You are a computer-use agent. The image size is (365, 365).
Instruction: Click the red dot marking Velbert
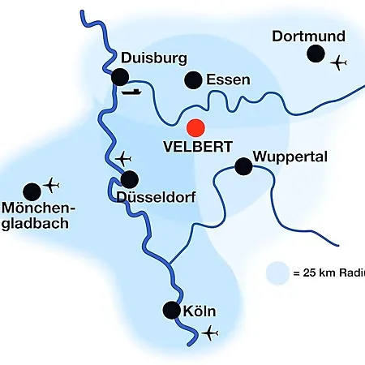(x=195, y=127)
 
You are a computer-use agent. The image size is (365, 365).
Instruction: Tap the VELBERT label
(x=198, y=147)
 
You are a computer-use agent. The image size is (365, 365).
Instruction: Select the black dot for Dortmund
(x=316, y=54)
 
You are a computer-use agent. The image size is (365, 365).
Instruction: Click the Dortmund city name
(x=308, y=36)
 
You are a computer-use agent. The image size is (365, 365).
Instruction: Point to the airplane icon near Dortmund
(x=338, y=63)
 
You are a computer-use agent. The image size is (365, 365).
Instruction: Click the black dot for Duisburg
(x=120, y=77)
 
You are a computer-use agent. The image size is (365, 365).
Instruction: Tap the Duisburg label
(x=154, y=58)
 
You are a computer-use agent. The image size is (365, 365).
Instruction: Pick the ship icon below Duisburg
(x=131, y=92)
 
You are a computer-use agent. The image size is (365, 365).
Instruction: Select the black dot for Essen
(x=193, y=80)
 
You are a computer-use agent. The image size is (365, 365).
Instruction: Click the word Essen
(x=228, y=80)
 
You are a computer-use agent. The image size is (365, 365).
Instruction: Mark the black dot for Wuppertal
(x=243, y=166)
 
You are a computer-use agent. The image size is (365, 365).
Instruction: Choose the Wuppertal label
(x=290, y=157)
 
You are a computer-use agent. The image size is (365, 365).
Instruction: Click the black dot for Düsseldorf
(x=130, y=179)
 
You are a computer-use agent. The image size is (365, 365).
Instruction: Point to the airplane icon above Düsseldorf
(x=123, y=159)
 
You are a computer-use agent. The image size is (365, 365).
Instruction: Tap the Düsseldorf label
(x=156, y=197)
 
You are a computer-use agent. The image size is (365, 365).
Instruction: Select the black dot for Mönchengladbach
(x=32, y=191)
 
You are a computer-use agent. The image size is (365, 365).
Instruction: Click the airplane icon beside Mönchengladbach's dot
(x=51, y=185)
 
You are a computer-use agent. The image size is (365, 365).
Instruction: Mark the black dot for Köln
(x=172, y=310)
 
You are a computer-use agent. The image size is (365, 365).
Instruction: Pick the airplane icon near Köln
(x=210, y=333)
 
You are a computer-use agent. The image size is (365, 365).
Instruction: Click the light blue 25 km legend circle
(x=277, y=273)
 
